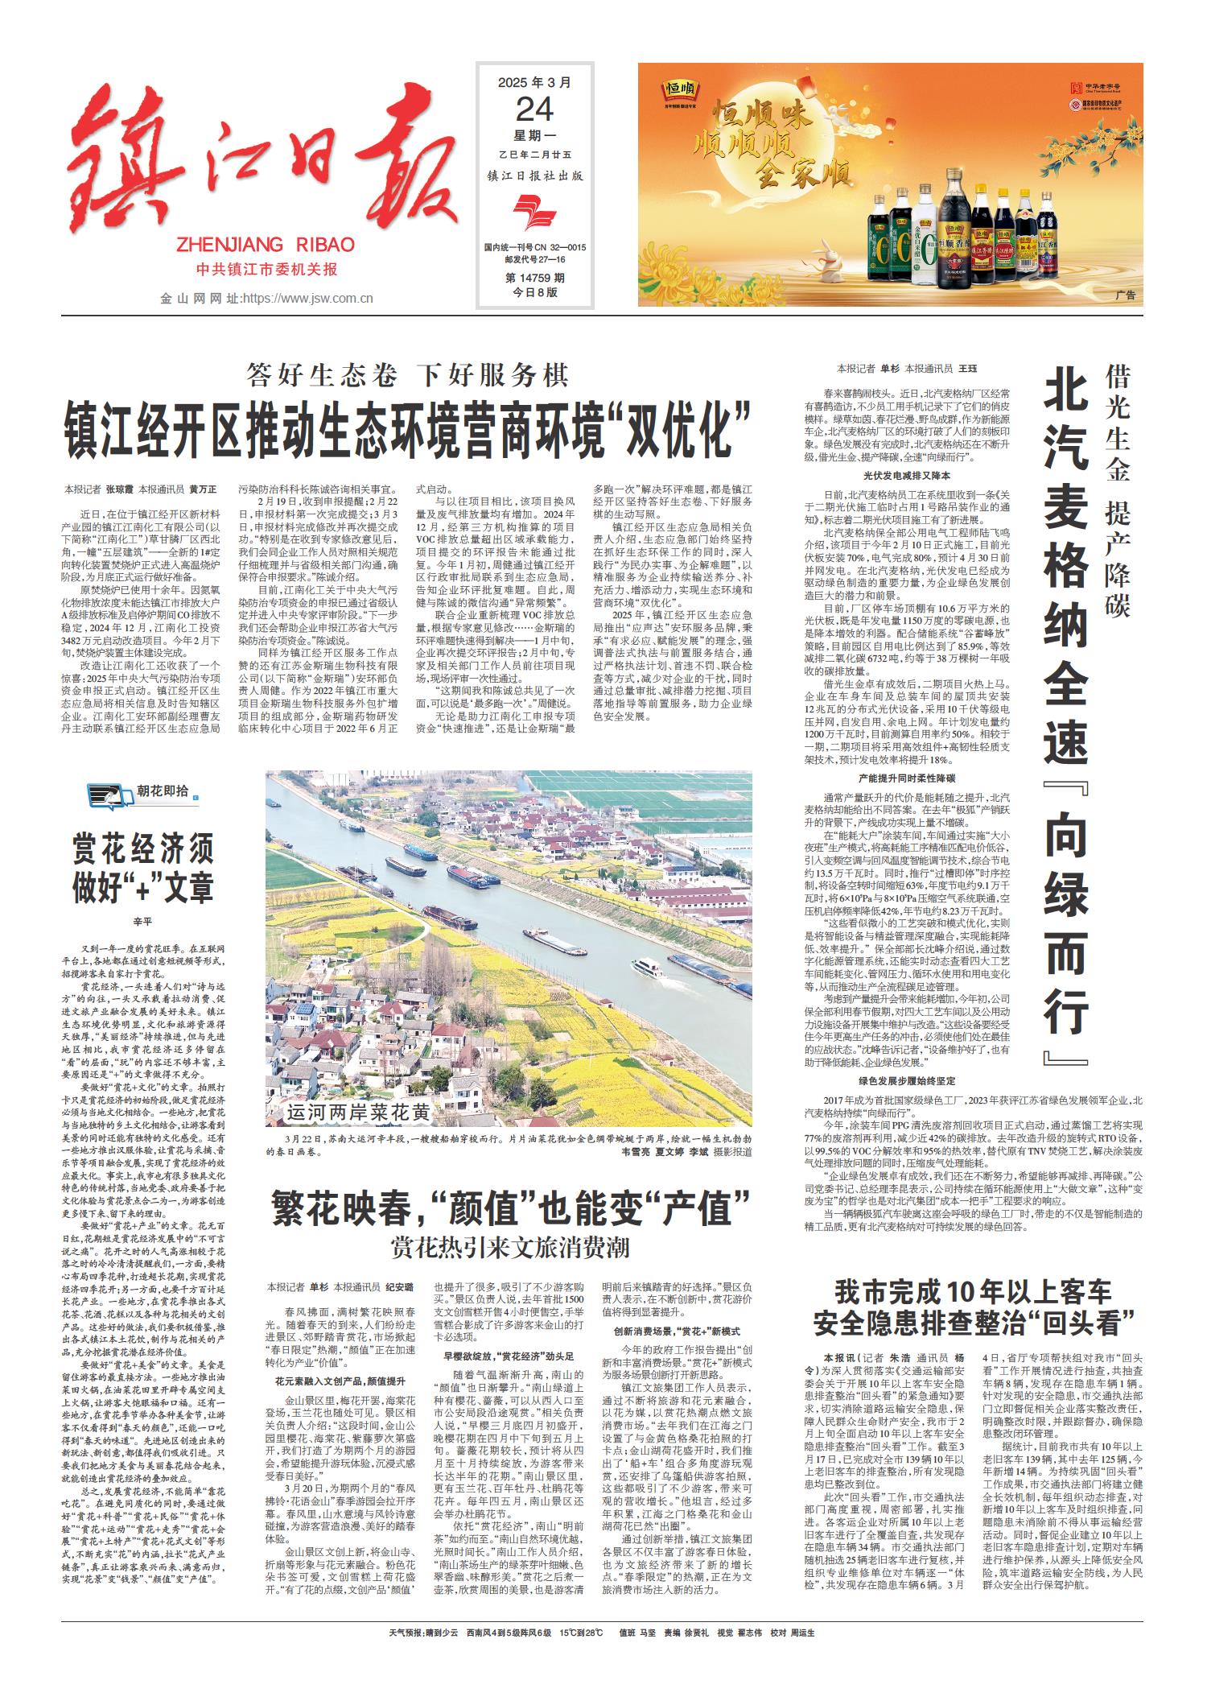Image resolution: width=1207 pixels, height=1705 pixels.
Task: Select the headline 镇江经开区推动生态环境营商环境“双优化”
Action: click(x=409, y=423)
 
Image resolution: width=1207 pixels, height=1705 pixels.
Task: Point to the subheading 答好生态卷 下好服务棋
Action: click(x=408, y=374)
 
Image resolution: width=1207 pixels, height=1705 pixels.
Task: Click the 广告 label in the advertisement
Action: click(x=1127, y=296)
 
